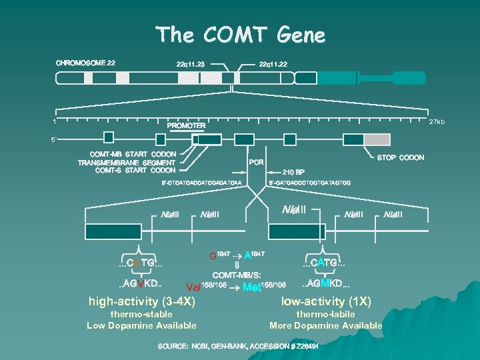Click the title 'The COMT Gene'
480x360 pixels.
coord(240,34)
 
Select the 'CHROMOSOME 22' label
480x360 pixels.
coord(85,63)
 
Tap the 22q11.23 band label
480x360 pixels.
coord(190,64)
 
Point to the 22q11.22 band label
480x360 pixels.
coord(273,64)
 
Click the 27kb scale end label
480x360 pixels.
coord(437,122)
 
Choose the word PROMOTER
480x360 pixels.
coord(186,125)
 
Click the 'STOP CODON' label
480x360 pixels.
coord(400,158)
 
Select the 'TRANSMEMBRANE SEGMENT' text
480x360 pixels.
coord(127,163)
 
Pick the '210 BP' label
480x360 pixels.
coord(294,171)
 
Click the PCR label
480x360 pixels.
coord(257,161)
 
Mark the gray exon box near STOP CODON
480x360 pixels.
coord(377,139)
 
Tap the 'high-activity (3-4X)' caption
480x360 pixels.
coord(141,301)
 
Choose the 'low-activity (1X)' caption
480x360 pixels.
coord(326,301)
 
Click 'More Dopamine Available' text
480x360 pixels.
coord(325,325)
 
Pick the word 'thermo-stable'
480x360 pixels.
coord(141,314)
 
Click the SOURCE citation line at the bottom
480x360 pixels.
coord(238,347)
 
